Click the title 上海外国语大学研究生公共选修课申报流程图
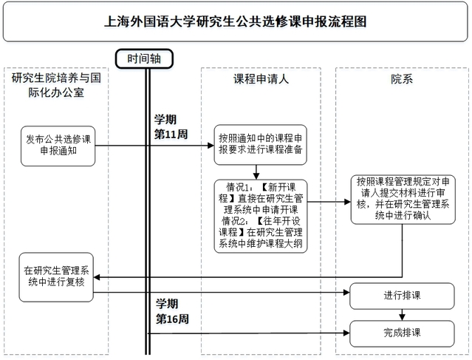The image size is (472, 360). [x=235, y=21]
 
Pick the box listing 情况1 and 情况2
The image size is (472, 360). [x=259, y=215]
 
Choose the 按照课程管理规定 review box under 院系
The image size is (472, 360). [x=401, y=199]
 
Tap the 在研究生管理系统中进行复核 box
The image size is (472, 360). [x=57, y=276]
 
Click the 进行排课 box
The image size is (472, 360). [x=401, y=296]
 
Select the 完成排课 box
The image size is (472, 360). [x=401, y=332]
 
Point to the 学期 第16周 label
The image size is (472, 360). [x=171, y=312]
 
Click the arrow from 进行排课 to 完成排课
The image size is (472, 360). [x=401, y=315]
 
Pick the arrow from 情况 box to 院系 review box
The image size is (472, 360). [x=328, y=201]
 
